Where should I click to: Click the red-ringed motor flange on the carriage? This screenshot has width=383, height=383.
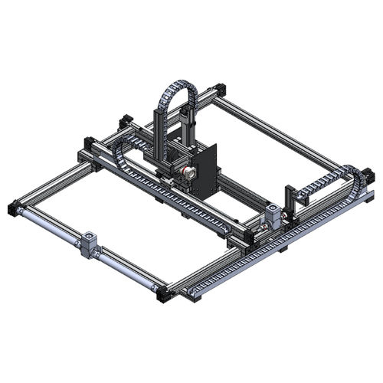pos(185,175)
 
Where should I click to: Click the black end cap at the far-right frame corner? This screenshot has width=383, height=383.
pos(371,178)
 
